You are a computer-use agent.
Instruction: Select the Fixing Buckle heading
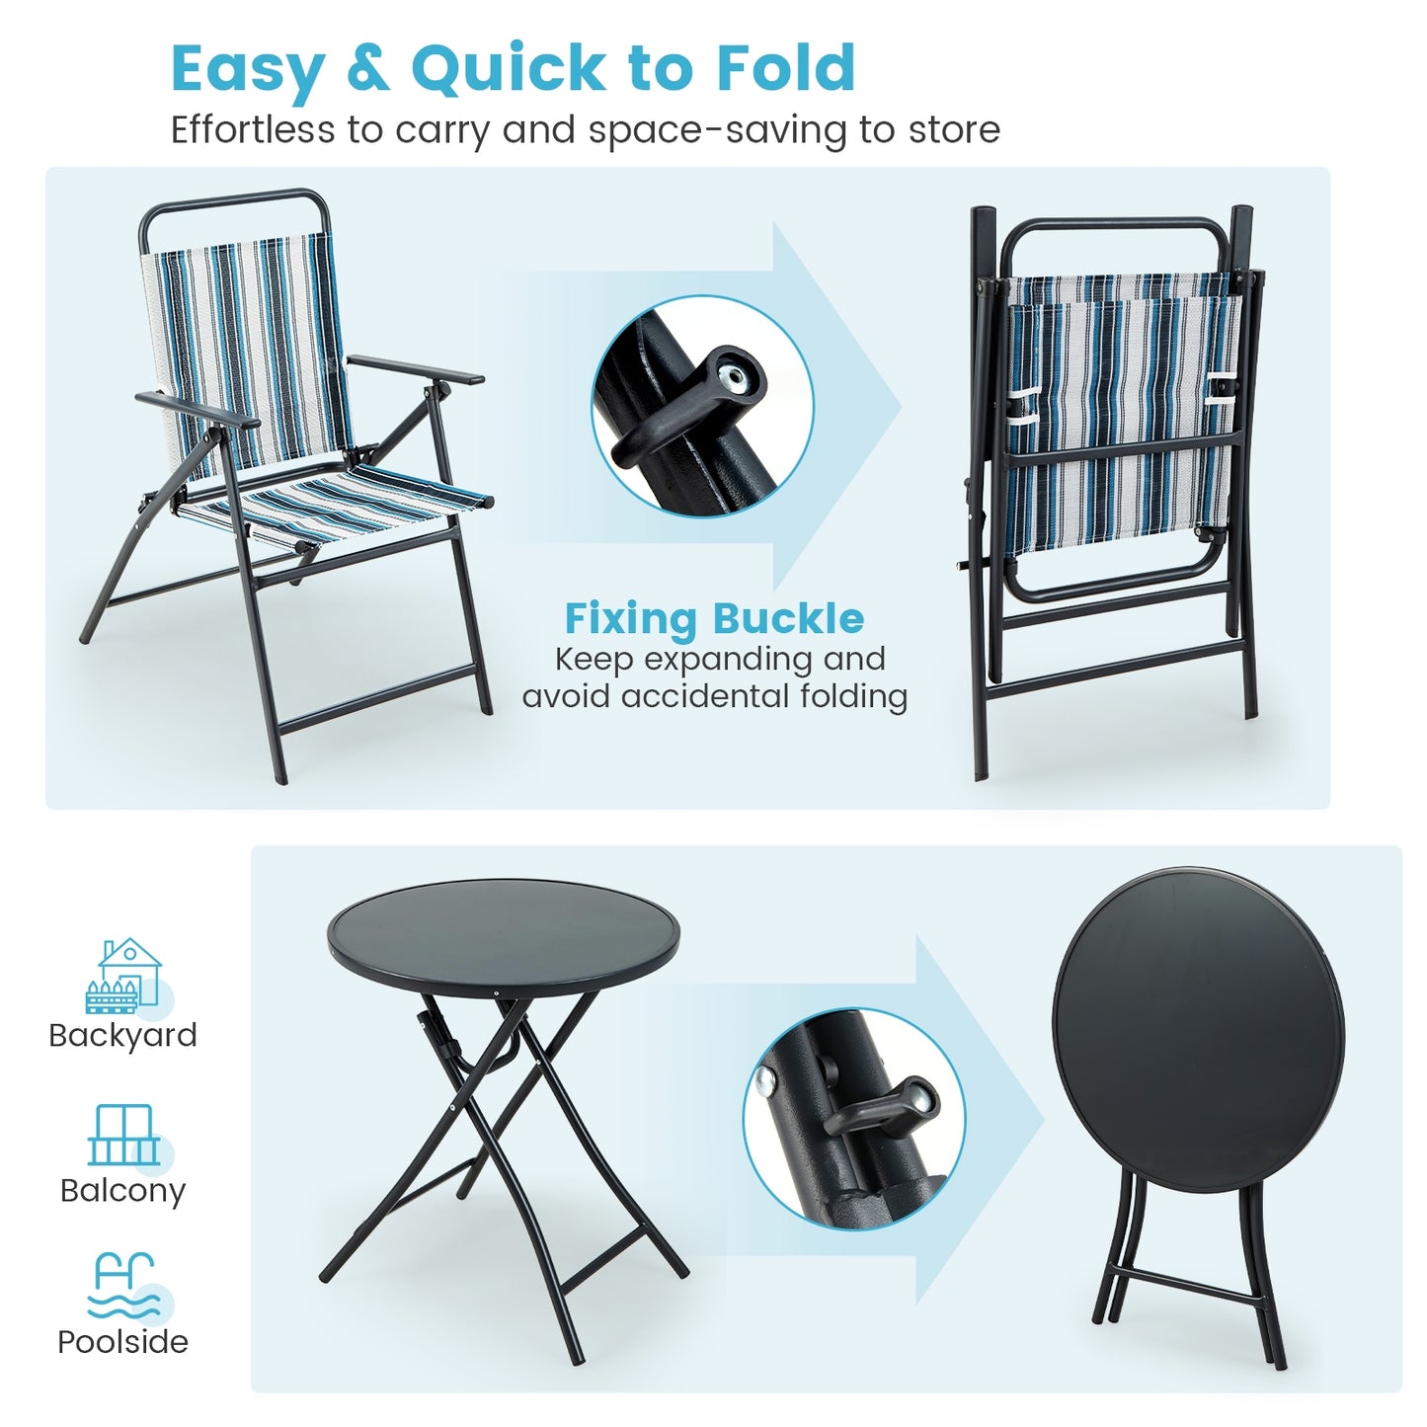pyautogui.click(x=714, y=619)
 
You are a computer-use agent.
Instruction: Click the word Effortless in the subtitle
pyautogui.click(x=253, y=129)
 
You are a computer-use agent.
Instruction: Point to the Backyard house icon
pyautogui.click(x=125, y=975)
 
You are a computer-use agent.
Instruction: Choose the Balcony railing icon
pyautogui.click(x=123, y=1136)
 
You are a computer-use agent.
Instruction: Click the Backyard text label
pyautogui.click(x=122, y=1035)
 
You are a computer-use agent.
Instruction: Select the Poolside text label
pyautogui.click(x=122, y=1342)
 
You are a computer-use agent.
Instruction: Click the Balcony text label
pyautogui.click(x=122, y=1190)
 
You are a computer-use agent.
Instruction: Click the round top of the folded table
pyautogui.click(x=1198, y=1017)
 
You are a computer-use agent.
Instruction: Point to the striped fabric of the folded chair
pyautogui.click(x=1121, y=415)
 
